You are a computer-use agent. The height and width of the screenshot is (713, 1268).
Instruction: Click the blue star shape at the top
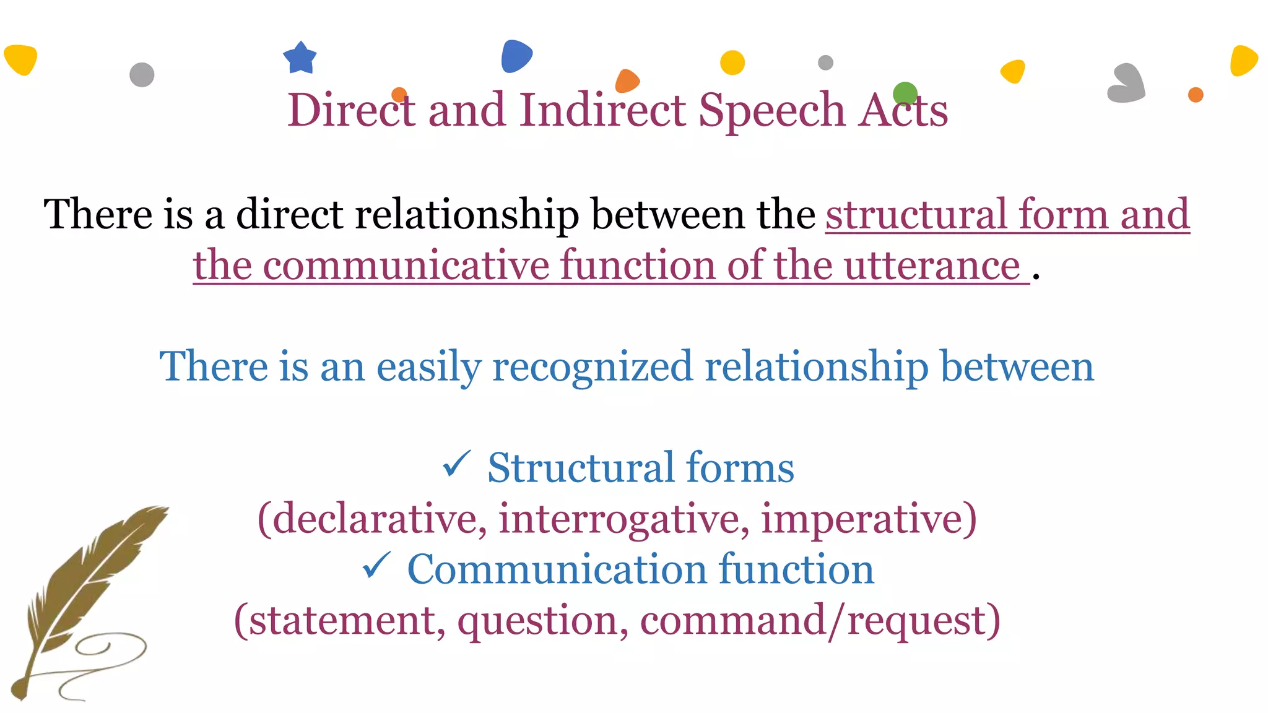[x=300, y=58]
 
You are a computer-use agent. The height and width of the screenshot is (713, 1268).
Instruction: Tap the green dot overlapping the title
[x=905, y=93]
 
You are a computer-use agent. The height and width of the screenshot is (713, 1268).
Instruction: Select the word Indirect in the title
[x=602, y=110]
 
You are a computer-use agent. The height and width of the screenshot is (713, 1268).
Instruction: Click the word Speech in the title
[x=771, y=110]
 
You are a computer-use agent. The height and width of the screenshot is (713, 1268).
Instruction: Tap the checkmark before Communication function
[x=376, y=566]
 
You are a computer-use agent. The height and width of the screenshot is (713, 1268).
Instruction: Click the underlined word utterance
[x=932, y=266]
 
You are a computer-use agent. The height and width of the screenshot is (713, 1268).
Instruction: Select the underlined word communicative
[x=406, y=266]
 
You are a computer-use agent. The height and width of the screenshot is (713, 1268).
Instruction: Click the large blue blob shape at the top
[x=516, y=56]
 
